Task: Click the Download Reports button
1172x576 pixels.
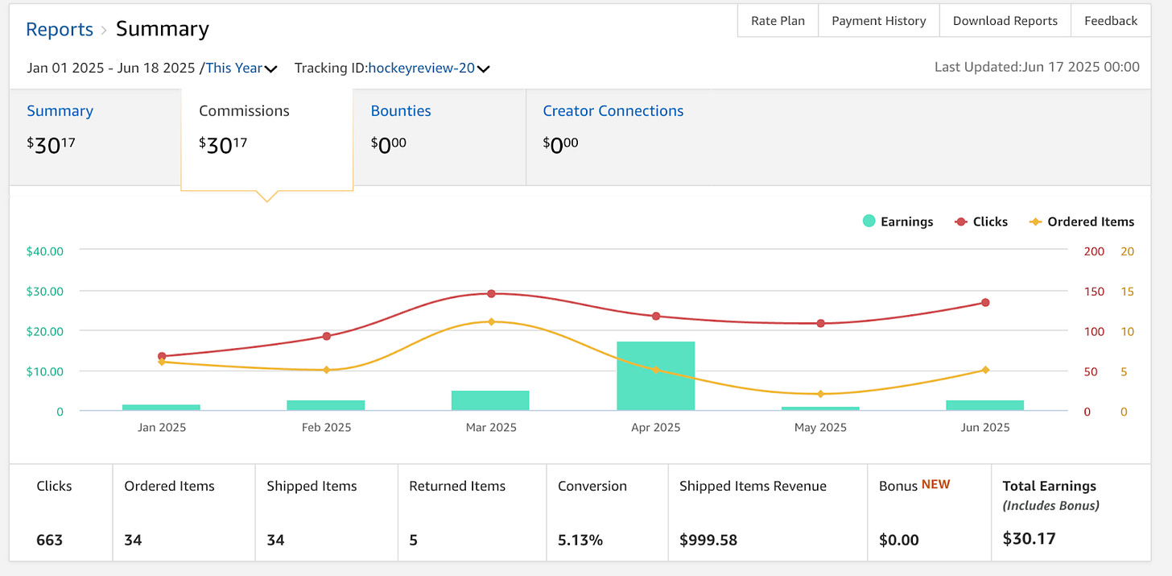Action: coord(1005,21)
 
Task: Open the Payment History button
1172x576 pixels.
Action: coord(878,21)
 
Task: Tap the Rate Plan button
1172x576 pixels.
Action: coord(778,21)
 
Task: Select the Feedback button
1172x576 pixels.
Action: coord(1110,21)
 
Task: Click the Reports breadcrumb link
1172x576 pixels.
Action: coord(60,30)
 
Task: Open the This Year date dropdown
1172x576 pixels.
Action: coord(241,68)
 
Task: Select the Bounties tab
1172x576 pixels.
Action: coord(401,111)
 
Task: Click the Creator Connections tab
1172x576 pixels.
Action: coord(613,111)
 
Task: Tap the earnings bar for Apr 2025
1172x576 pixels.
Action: coord(655,376)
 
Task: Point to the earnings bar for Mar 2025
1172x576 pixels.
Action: coord(490,400)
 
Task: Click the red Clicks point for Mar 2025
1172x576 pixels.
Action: coord(491,294)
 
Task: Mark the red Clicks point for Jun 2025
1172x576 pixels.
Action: coord(985,303)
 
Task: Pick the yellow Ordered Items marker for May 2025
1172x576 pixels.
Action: coord(820,394)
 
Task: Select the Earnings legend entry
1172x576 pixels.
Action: coord(898,222)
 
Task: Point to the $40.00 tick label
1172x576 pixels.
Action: coord(44,251)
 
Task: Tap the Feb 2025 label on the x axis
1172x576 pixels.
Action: coord(326,428)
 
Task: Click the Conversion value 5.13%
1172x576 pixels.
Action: coord(580,540)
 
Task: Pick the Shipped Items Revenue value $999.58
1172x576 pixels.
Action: coord(708,540)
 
